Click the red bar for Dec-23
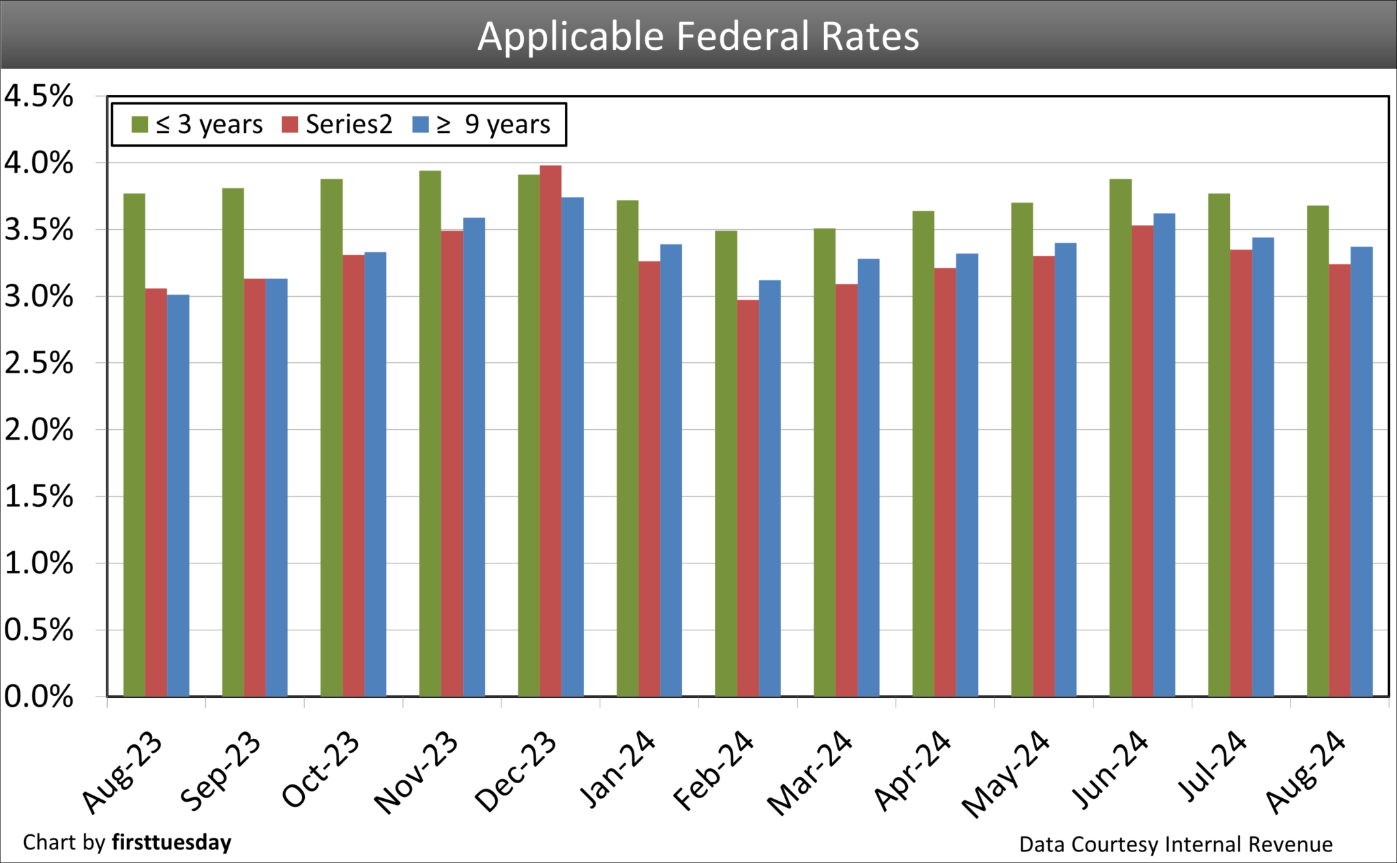coord(550,430)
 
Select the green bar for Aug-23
coord(134,443)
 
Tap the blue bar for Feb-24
coord(769,488)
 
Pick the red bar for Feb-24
coord(748,498)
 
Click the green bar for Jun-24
coord(1120,437)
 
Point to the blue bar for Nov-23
coord(474,457)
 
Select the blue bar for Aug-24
coord(1362,471)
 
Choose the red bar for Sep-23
coord(254,488)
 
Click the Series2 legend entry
coord(337,125)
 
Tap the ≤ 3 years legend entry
coord(198,125)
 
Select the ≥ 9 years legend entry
coord(482,125)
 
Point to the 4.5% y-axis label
coord(39,97)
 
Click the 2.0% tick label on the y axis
coord(39,430)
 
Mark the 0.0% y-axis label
coord(39,697)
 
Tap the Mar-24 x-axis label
coord(810,772)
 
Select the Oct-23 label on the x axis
coord(321,769)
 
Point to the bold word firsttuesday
coord(171,843)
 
